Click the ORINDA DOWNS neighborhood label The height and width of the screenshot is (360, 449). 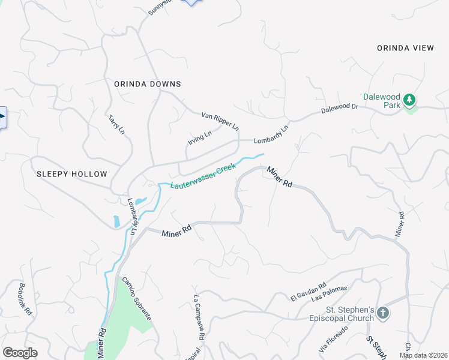pyautogui.click(x=147, y=85)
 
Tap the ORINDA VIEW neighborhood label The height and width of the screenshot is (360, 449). pyautogui.click(x=405, y=48)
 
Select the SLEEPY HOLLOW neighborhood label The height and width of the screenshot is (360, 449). pyautogui.click(x=71, y=174)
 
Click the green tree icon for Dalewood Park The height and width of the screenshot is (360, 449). pyautogui.click(x=410, y=100)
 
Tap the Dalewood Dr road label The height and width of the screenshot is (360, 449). pyautogui.click(x=339, y=109)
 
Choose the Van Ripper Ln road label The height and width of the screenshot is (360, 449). pyautogui.click(x=220, y=121)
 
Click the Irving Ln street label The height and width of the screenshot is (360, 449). pyautogui.click(x=200, y=139)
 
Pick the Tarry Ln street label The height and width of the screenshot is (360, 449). pyautogui.click(x=117, y=124)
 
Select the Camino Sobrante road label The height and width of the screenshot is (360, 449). pyautogui.click(x=137, y=298)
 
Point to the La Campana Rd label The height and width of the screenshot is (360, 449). pyautogui.click(x=199, y=317)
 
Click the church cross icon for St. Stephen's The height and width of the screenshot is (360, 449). pyautogui.click(x=383, y=313)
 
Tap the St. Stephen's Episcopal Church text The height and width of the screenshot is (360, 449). pyautogui.click(x=349, y=314)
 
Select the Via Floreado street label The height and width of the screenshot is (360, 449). pyautogui.click(x=334, y=340)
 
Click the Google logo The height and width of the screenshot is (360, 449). pyautogui.click(x=20, y=353)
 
